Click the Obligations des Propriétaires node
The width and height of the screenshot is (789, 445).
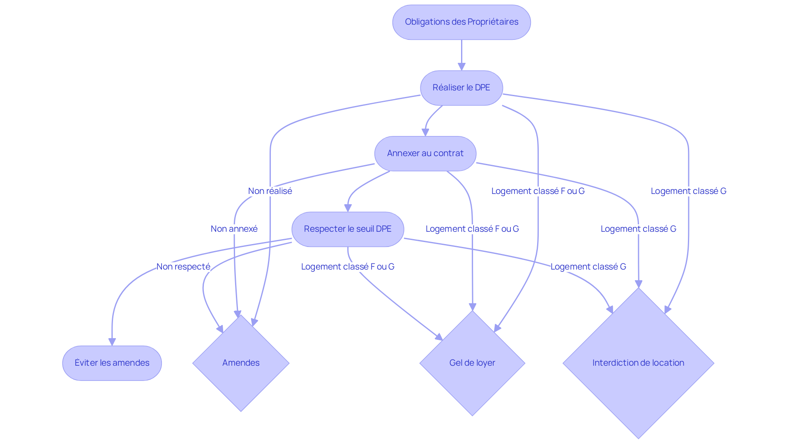coord(461,22)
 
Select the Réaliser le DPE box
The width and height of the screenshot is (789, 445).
coord(461,88)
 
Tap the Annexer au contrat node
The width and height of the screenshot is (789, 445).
coord(425,154)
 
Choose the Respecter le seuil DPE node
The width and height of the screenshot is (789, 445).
coord(348,229)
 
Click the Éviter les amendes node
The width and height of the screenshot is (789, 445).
coord(112,363)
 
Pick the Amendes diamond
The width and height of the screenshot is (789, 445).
coord(241,363)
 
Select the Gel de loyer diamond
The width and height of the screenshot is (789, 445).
coord(472,363)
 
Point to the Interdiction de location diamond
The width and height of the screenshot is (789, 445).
coord(638,363)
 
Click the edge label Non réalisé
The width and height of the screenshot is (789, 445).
coord(270,191)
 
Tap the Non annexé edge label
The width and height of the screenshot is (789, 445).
coord(234,229)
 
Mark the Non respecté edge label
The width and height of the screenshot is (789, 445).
coord(183,267)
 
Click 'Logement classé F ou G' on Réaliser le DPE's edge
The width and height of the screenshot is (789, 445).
coord(538,191)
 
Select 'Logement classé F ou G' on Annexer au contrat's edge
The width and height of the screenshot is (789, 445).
coord(472,229)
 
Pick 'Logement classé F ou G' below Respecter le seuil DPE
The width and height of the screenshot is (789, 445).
coord(348,267)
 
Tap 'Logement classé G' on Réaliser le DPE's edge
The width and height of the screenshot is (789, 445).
coord(689,191)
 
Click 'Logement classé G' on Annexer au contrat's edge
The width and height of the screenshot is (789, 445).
coord(639,229)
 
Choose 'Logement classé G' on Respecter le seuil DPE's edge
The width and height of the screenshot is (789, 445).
coord(588,267)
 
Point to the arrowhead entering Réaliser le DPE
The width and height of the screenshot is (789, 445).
coord(461,67)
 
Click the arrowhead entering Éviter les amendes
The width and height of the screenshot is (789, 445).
coord(112,342)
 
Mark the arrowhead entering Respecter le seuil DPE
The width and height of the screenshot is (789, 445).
coord(348,208)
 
